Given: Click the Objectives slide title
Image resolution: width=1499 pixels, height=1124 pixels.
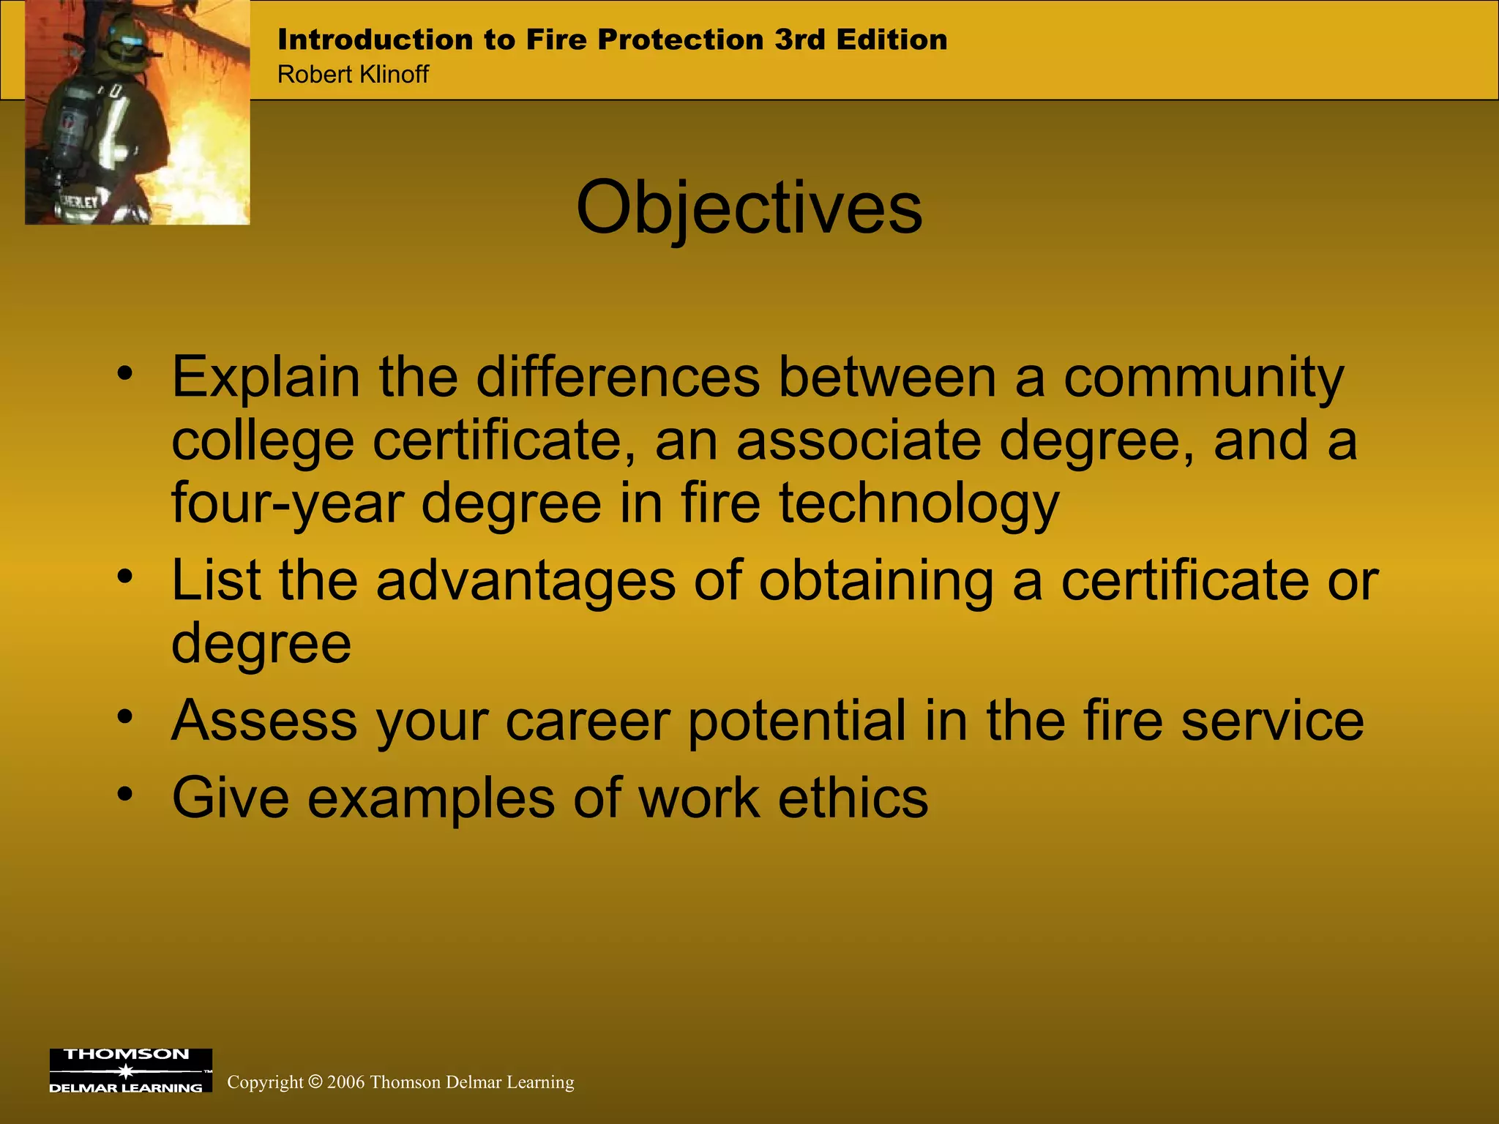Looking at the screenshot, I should [749, 209].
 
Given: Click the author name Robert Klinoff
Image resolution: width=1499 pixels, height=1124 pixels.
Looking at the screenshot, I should [353, 75].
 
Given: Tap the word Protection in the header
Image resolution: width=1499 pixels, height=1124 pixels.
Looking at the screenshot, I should [680, 40].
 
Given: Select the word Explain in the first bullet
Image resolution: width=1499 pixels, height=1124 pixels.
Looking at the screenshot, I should [266, 378].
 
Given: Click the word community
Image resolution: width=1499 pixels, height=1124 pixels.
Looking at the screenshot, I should [1203, 378].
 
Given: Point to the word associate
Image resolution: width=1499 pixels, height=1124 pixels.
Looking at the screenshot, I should [859, 441].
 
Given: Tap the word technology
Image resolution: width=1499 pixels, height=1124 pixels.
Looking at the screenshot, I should [919, 503].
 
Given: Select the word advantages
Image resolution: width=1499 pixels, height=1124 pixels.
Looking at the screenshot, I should [526, 580].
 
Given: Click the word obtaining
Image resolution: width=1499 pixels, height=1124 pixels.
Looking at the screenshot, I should [876, 580].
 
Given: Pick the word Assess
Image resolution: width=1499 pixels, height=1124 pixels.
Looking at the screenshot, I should [264, 721].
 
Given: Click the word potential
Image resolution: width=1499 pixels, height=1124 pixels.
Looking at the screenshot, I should [797, 721].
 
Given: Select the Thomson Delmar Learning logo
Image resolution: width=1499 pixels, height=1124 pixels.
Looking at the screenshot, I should [130, 1071].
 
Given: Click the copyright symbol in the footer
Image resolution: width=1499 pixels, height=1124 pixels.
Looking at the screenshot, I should [315, 1082].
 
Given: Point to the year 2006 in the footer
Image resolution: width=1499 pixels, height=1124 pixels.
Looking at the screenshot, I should [345, 1082].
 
